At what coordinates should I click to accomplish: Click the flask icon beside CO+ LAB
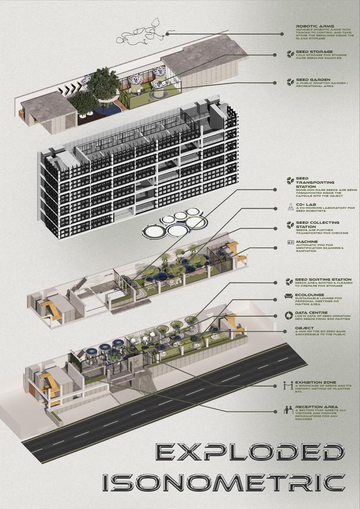point(290,206)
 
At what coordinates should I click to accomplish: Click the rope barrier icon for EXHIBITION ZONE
point(290,384)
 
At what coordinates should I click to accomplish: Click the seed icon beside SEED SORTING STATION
point(290,282)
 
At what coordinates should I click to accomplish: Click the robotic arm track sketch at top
point(139,32)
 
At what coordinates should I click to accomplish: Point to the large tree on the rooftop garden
point(104,81)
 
